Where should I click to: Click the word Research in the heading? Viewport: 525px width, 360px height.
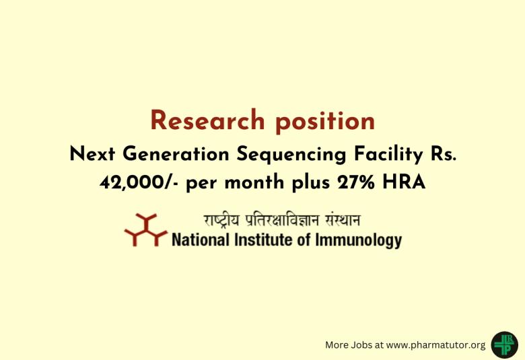click(208, 121)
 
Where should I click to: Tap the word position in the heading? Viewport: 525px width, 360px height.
click(325, 121)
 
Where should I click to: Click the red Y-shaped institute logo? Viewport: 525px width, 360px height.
click(145, 230)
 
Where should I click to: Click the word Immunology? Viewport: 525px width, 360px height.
click(358, 240)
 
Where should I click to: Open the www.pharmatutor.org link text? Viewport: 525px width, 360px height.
click(436, 345)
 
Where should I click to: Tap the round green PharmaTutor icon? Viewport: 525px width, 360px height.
click(504, 344)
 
